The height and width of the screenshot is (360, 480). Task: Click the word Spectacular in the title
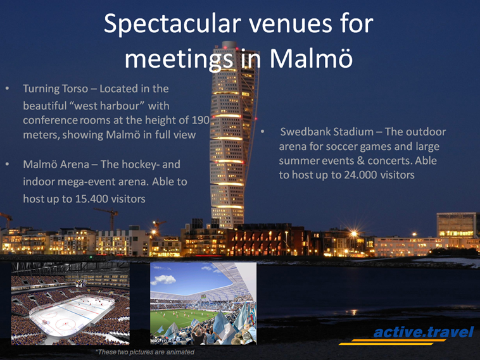coord(172,24)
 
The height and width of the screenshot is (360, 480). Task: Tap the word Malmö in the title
coord(311,58)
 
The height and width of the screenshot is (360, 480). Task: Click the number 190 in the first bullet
coord(201,120)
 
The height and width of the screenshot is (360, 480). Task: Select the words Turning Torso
coord(55,89)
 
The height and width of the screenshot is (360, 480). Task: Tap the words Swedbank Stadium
coord(327,132)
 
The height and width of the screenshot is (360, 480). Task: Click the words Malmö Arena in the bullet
coord(56,164)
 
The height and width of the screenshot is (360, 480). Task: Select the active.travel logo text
coord(424,332)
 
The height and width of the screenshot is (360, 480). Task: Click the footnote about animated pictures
coord(145,352)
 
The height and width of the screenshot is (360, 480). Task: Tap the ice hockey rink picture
coord(70,304)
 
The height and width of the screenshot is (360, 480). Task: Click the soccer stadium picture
coord(203,304)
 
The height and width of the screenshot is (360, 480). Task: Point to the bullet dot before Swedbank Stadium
coord(263,132)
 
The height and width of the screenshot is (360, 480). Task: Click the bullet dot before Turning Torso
coord(7,89)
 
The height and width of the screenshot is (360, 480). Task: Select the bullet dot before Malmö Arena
coord(7,164)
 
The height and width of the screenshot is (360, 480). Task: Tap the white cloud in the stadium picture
coord(165,279)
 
